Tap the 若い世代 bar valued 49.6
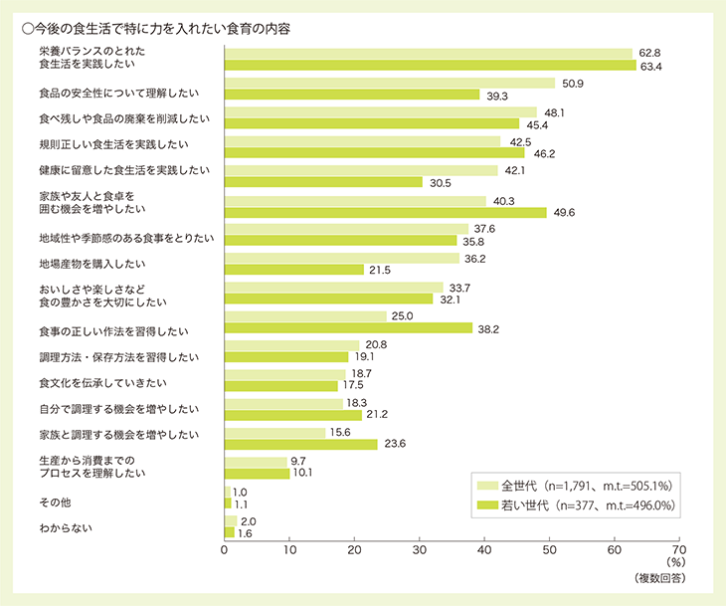[x=386, y=212]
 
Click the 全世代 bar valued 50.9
[x=390, y=84]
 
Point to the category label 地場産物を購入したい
[x=92, y=264]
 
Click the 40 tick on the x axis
[x=484, y=548]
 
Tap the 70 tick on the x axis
[x=678, y=548]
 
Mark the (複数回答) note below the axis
[x=656, y=578]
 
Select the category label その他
[x=52, y=502]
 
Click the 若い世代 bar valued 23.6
[x=301, y=444]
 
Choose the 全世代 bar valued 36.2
[x=342, y=258]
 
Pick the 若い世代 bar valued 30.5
[x=324, y=182]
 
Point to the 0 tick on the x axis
[x=225, y=548]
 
